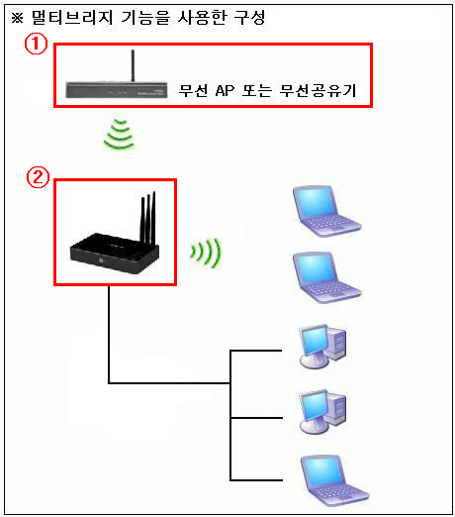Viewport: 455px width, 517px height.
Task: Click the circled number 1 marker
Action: pyautogui.click(x=36, y=45)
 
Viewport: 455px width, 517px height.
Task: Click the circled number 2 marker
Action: pyautogui.click(x=38, y=177)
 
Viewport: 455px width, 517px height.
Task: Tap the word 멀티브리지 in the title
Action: pyautogui.click(x=72, y=17)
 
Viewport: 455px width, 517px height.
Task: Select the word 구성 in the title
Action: pyautogui.click(x=249, y=17)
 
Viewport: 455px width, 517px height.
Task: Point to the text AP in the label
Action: pyautogui.click(x=225, y=90)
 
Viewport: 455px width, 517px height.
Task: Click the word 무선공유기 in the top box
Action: pyautogui.click(x=318, y=90)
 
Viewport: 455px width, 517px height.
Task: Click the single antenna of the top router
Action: pyautogui.click(x=133, y=65)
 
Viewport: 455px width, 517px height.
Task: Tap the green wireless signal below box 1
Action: pyautogui.click(x=120, y=135)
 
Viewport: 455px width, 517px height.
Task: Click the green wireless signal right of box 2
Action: pyautogui.click(x=206, y=253)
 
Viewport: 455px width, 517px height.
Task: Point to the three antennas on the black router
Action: pyautogui.click(x=148, y=218)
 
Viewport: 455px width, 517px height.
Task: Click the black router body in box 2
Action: pyautogui.click(x=115, y=254)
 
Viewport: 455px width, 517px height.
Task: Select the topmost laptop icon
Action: pyautogui.click(x=326, y=211)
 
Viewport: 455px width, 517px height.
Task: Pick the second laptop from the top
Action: pyautogui.click(x=326, y=277)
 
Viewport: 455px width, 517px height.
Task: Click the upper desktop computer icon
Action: pyautogui.click(x=322, y=347)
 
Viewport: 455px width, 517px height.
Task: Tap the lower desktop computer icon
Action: pyautogui.click(x=322, y=412)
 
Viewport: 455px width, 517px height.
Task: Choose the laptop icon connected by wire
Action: pyautogui.click(x=334, y=480)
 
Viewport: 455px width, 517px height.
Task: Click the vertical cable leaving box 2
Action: pyautogui.click(x=109, y=334)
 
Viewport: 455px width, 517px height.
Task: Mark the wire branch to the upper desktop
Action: pyautogui.click(x=256, y=351)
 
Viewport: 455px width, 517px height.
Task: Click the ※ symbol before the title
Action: pyautogui.click(x=18, y=18)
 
